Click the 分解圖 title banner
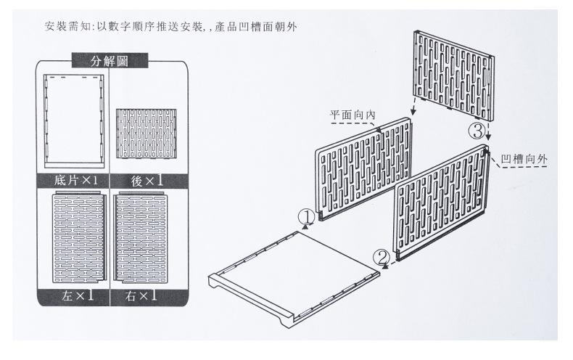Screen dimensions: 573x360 click(110, 60)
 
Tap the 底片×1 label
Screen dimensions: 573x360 click(75, 181)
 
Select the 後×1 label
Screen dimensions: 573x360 click(147, 181)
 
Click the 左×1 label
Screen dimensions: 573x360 click(77, 295)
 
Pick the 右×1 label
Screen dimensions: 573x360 click(141, 295)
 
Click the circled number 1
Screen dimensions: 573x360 click(306, 217)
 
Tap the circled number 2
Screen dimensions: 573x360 click(382, 258)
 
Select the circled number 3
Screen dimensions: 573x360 click(477, 131)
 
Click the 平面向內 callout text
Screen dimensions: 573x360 click(353, 115)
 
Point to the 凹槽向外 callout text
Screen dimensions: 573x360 click(524, 159)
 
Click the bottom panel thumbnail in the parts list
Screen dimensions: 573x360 click(74, 121)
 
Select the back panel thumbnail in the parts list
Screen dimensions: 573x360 click(147, 134)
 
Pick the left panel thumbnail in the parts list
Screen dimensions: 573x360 click(79, 237)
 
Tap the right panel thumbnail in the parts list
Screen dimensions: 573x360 click(140, 237)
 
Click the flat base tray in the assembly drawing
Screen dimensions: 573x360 click(294, 279)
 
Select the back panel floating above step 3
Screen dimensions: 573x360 click(454, 75)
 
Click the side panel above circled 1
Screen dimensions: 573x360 click(363, 169)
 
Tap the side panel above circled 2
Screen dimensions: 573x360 click(442, 202)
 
